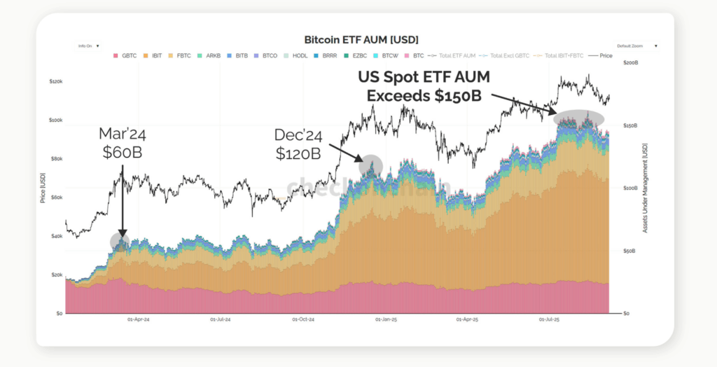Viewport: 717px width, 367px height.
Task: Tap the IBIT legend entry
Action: [155, 55]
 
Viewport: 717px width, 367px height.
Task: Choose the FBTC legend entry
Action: [182, 55]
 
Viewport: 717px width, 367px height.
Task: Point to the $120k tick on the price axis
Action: [56, 82]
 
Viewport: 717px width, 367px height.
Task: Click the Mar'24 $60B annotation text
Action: [122, 142]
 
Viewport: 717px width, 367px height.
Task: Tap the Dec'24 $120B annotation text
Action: [298, 144]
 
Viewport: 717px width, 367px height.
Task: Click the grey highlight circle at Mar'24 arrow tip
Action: [120, 242]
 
